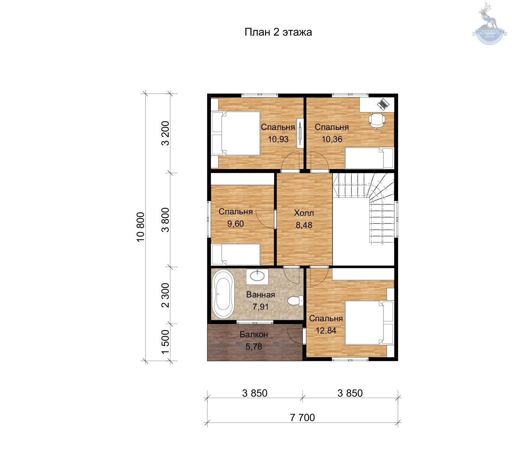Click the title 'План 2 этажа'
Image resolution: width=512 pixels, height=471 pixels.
(278, 32)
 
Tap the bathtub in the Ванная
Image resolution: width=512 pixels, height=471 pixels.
(224, 294)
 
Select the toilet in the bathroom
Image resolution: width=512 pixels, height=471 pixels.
(295, 301)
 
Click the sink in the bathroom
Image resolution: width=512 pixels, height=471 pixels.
(257, 277)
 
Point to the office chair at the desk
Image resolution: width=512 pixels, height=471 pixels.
(377, 121)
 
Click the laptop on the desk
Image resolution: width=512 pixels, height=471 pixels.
(383, 103)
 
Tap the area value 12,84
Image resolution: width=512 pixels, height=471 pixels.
(326, 331)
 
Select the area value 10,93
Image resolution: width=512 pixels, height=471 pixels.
(278, 139)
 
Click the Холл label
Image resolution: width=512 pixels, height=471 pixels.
(304, 213)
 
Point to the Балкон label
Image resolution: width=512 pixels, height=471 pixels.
(254, 334)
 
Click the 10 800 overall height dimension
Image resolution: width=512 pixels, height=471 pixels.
(141, 227)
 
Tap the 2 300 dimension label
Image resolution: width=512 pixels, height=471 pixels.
(166, 295)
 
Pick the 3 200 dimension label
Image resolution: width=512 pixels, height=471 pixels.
(166, 133)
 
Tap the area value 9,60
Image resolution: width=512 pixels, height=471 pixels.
(235, 224)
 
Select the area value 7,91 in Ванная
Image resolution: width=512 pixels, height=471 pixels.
(260, 307)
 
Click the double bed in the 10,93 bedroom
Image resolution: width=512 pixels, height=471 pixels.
(236, 133)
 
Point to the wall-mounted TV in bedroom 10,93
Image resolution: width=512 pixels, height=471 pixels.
(300, 133)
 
